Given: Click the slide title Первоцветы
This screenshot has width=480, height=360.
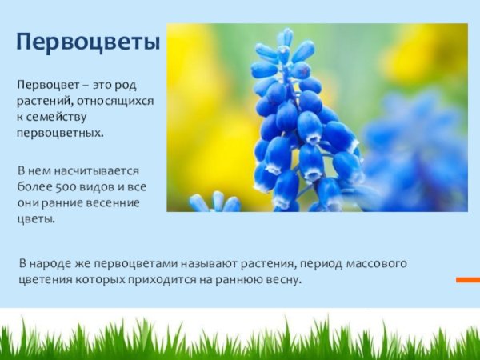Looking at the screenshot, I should [x=88, y=42].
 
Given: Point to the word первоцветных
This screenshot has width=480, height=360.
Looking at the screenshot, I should [x=61, y=130].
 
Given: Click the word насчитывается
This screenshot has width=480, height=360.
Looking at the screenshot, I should [x=103, y=171].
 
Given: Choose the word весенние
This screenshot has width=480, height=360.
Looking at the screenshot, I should [x=114, y=202].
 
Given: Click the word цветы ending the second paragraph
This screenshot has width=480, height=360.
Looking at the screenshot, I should [x=36, y=218].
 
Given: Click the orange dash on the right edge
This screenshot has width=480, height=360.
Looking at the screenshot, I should [x=468, y=279].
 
